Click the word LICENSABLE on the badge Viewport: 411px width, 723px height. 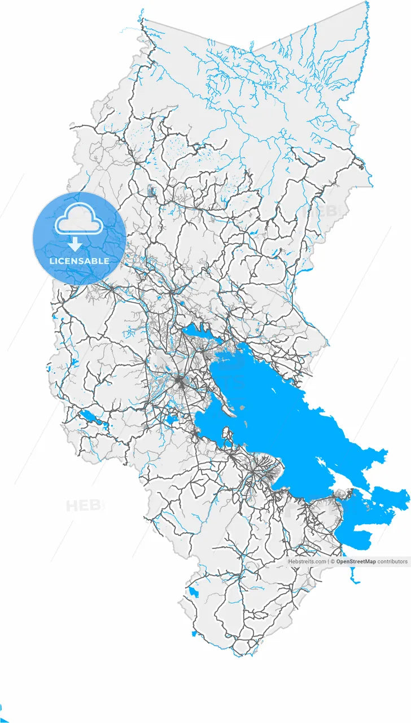click(x=80, y=261)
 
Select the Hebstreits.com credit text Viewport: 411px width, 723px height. click(x=307, y=561)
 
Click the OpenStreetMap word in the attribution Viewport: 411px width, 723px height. click(x=356, y=561)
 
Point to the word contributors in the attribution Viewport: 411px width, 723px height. click(x=392, y=561)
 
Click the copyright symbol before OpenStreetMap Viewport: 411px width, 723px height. click(x=333, y=561)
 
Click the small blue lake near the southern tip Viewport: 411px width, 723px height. click(x=194, y=593)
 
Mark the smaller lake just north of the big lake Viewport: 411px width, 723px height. click(x=198, y=333)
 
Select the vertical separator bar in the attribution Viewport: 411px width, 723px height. click(x=329, y=561)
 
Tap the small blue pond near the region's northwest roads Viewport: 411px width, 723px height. click(x=151, y=191)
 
